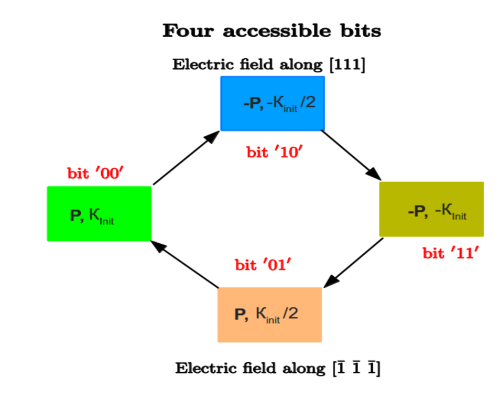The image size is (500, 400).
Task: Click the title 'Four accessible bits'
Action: pyautogui.click(x=271, y=31)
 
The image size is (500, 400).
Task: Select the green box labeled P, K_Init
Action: pyautogui.click(x=99, y=213)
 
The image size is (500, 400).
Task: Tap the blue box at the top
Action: pyautogui.click(x=272, y=103)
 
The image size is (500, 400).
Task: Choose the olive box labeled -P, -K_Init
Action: pyautogui.click(x=431, y=209)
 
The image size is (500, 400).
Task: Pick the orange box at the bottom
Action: pyautogui.click(x=269, y=315)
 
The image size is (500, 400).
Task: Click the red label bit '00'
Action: pyautogui.click(x=95, y=173)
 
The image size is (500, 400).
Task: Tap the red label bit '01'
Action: pyautogui.click(x=263, y=265)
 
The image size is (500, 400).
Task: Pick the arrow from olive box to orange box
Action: pyautogui.click(x=354, y=262)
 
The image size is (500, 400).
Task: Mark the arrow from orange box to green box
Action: pyautogui.click(x=184, y=264)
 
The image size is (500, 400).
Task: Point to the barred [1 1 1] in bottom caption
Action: pyautogui.click(x=356, y=368)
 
